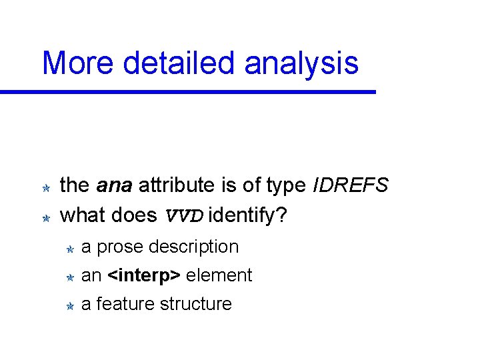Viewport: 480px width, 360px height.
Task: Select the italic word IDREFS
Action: point(350,185)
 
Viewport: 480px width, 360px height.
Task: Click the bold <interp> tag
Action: point(144,275)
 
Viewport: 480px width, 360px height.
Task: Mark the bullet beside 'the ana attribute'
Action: point(47,189)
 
